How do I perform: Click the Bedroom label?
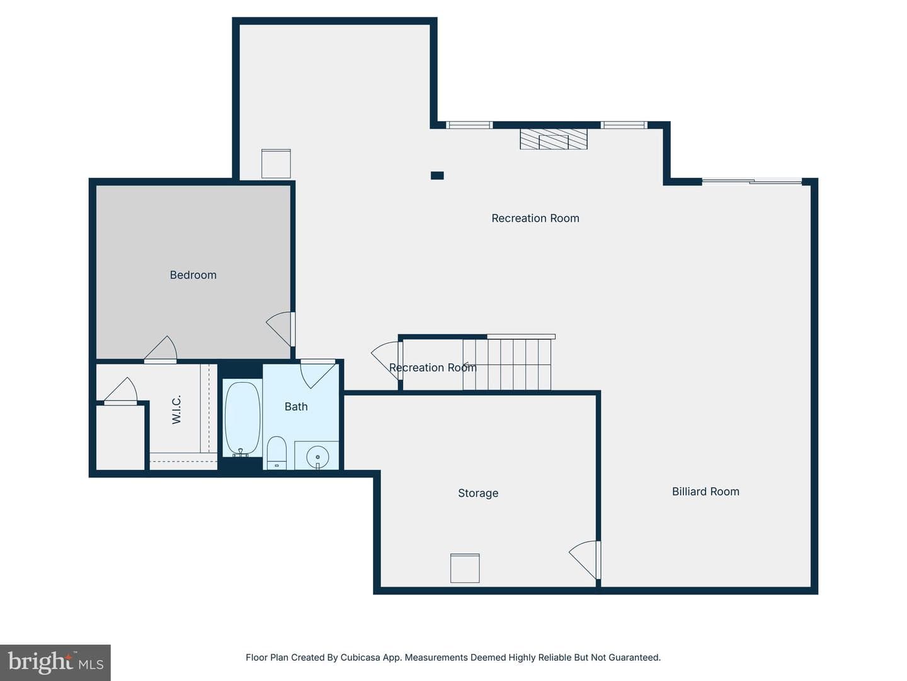click(x=193, y=275)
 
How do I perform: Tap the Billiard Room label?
click(x=705, y=492)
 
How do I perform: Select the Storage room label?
click(x=478, y=493)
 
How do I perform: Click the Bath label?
click(x=296, y=407)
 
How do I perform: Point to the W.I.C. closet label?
click(x=176, y=409)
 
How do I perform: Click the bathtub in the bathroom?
click(x=242, y=419)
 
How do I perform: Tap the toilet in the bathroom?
click(x=277, y=453)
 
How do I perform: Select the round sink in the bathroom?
click(x=317, y=457)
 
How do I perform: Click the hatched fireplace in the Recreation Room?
click(x=553, y=139)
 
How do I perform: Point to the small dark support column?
click(x=437, y=176)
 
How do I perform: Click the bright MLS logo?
click(x=55, y=662)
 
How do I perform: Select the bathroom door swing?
click(x=317, y=374)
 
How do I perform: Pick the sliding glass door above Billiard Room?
click(x=752, y=181)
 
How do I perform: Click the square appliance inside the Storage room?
click(x=465, y=568)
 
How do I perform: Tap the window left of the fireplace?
click(x=469, y=125)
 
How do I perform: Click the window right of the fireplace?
click(x=624, y=125)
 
